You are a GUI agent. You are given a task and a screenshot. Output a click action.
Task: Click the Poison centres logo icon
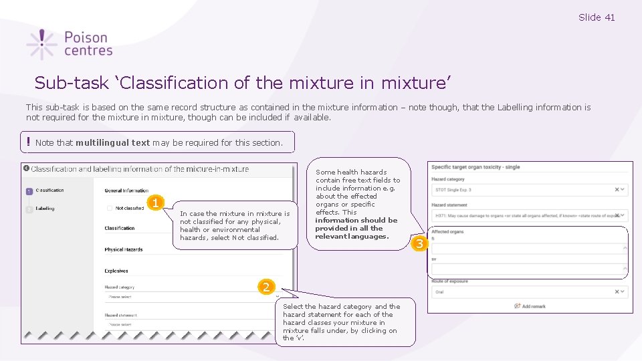[41, 44]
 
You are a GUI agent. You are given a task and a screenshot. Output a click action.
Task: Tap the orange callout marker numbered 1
[155, 203]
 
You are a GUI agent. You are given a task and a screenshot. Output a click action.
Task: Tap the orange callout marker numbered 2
[266, 287]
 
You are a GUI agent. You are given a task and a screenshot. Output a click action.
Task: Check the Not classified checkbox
[110, 208]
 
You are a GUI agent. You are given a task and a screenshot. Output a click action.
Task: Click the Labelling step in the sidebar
[45, 209]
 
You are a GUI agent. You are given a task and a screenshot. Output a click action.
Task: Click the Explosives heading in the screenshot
[116, 271]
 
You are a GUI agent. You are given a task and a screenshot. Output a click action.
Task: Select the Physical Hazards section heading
[123, 249]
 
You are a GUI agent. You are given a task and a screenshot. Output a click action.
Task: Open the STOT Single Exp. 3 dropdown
[528, 190]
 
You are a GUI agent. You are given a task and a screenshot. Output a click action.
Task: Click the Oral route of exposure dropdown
[528, 292]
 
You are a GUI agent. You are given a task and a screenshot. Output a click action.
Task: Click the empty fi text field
[528, 248]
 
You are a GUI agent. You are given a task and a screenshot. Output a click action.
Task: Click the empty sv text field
[528, 269]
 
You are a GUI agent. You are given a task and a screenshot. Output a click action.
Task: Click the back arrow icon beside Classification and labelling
[26, 168]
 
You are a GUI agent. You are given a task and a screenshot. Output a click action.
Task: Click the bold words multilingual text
[112, 142]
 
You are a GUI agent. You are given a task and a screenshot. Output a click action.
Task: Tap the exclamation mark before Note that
[29, 142]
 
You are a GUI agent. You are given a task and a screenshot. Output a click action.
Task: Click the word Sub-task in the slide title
[62, 83]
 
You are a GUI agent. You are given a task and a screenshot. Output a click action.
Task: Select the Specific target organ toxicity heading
[475, 167]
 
